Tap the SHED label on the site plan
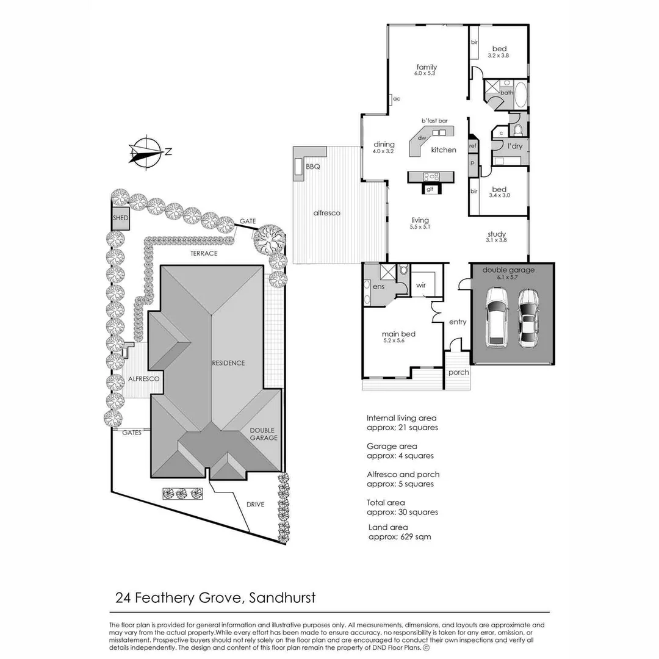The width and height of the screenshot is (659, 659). pos(120,218)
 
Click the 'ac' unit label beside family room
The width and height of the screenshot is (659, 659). pos(396,98)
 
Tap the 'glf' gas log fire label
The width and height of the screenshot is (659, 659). pos(430,189)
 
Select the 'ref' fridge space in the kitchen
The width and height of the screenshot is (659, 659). pos(472,146)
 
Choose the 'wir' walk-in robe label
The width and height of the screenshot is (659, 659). pos(421,285)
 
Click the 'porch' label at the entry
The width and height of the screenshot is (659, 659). pos(458,372)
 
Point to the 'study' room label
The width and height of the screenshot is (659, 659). pos(497,234)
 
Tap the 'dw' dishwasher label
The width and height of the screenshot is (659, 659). pos(422,138)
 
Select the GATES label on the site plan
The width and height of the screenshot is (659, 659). pos(132,433)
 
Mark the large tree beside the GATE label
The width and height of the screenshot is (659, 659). pos(269,239)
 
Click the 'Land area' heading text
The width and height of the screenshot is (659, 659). pos(388,527)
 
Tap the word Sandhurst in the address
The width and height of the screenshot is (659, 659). pos(283,597)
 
